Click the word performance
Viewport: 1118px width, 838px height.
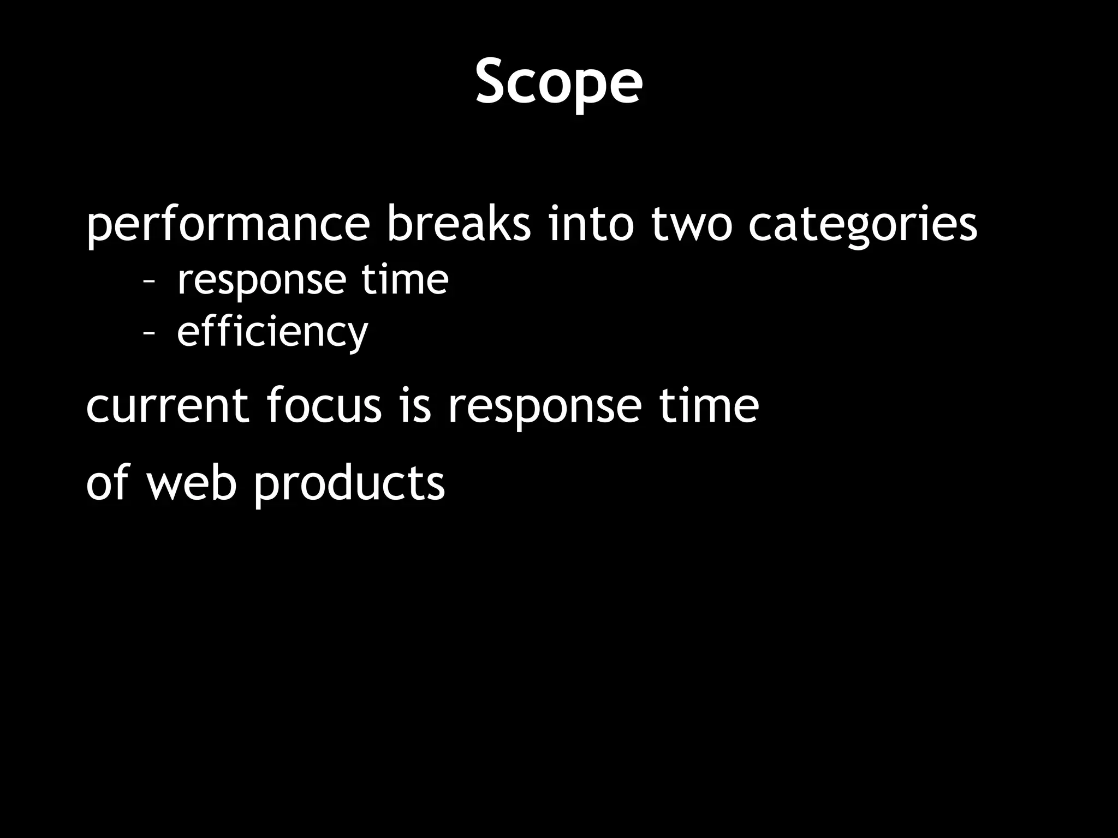[228, 225]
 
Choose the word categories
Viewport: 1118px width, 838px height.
[863, 225]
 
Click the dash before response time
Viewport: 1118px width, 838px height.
[148, 282]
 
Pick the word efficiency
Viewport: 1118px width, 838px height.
[272, 332]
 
